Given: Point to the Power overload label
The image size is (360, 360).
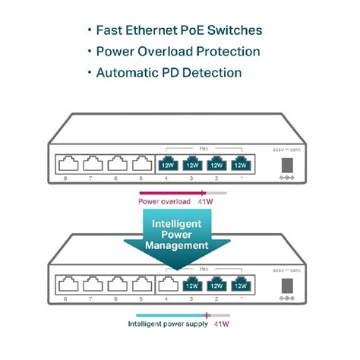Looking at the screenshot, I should pos(163,202).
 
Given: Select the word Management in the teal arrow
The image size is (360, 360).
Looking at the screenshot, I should pos(180,245).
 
